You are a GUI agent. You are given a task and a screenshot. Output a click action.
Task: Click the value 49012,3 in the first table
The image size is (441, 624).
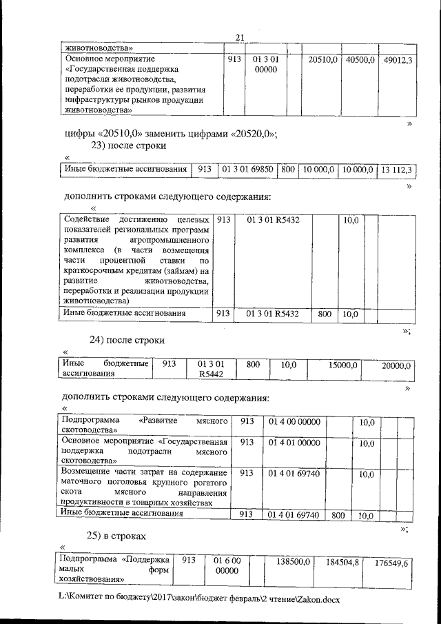tap(398, 61)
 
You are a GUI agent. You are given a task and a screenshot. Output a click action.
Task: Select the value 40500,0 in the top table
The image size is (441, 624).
tap(360, 61)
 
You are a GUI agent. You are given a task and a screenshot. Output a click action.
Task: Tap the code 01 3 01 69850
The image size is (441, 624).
tap(247, 169)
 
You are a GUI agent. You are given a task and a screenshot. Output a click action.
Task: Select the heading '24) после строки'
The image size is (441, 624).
tap(128, 340)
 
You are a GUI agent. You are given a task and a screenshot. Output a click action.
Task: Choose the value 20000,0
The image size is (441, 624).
tap(396, 366)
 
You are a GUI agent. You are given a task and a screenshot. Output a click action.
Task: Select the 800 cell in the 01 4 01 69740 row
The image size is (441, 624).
tap(338, 514)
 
